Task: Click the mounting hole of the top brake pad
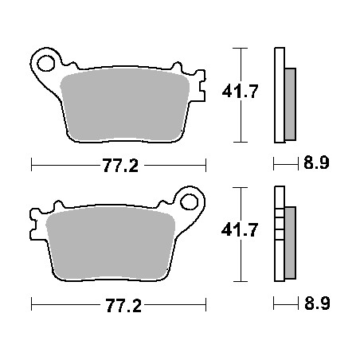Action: point(46,61)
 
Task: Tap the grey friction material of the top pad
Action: point(127,104)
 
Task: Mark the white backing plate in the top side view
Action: point(278,96)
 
